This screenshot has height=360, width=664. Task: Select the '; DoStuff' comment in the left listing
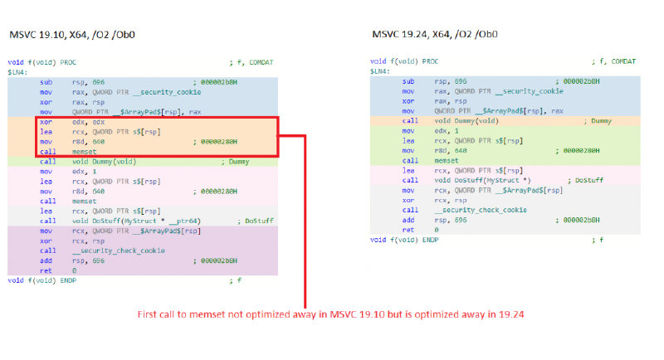click(256, 220)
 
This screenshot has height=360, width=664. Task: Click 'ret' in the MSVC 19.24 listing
click(408, 229)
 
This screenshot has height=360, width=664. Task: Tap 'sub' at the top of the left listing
click(45, 82)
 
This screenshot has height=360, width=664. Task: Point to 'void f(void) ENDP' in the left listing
click(39, 280)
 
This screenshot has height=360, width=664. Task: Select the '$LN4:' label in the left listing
click(17, 71)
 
